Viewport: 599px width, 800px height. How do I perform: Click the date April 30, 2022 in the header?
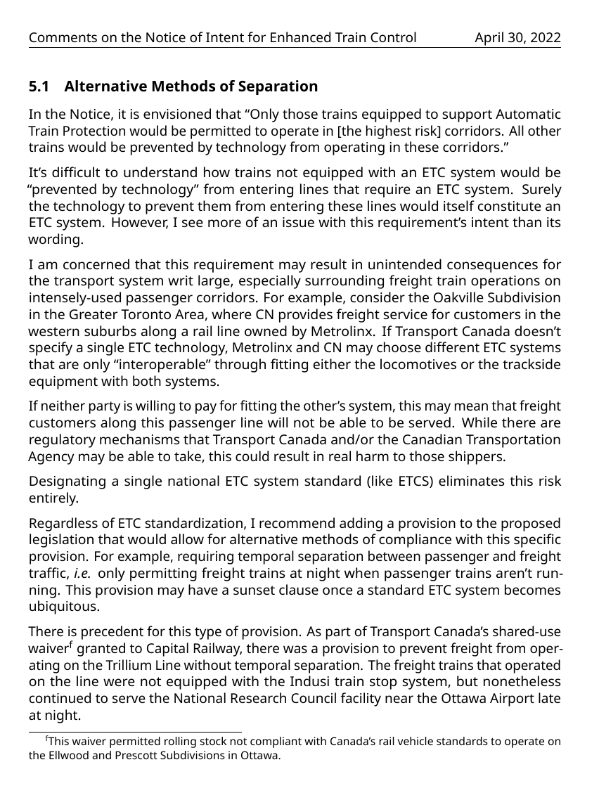(x=517, y=38)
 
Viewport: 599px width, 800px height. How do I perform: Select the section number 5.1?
(x=39, y=87)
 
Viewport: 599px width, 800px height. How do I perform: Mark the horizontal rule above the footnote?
(x=134, y=732)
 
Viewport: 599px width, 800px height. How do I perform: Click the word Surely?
(x=541, y=190)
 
